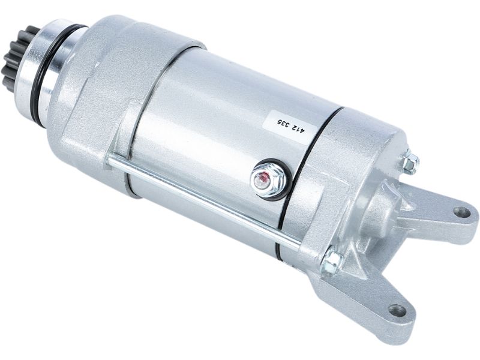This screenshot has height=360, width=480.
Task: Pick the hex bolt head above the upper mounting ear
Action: point(410,160)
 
